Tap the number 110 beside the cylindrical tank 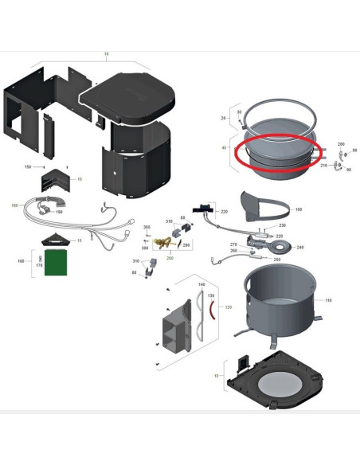coord(328,301)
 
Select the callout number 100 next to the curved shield coord(299,209)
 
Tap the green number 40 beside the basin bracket coord(224,148)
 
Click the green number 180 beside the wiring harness coord(14,205)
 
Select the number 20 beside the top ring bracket coord(223,116)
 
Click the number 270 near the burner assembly coord(234,244)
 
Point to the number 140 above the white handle coord(202,284)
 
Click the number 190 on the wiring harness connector coord(59,212)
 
